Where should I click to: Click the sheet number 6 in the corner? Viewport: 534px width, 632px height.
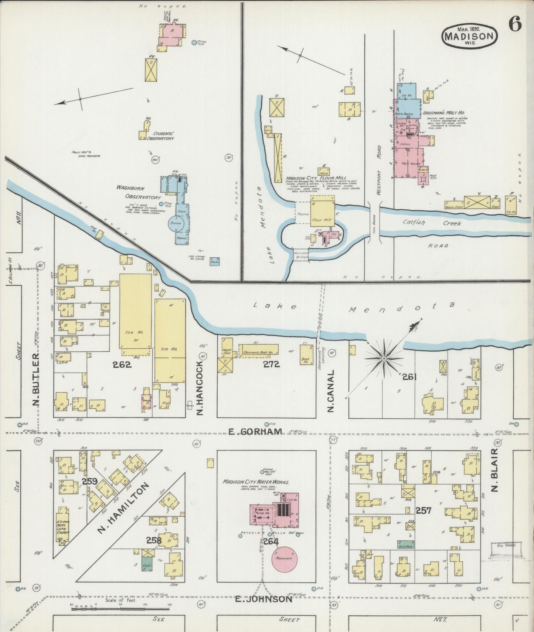[x=515, y=25]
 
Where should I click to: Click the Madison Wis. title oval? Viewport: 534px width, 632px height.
[x=469, y=36]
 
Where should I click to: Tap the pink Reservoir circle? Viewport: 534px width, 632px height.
[x=285, y=558]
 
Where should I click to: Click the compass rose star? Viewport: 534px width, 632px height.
[x=384, y=359]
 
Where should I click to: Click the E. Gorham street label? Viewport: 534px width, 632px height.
[x=256, y=432]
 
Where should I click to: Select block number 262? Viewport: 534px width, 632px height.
[x=122, y=365]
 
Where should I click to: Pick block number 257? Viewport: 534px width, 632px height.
[x=423, y=511]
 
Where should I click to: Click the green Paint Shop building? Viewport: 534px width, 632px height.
[x=406, y=544]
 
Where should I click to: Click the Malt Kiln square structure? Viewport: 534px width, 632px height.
[x=423, y=179]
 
